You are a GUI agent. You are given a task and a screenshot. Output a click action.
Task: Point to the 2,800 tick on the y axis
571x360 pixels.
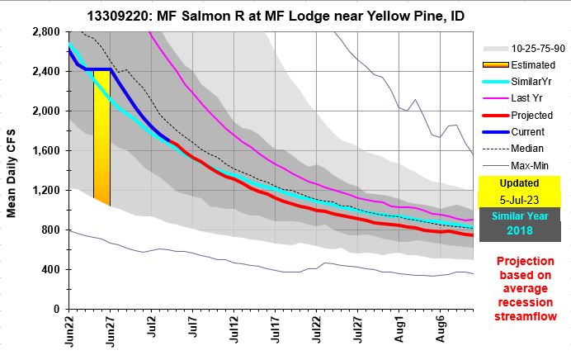coord(47,31)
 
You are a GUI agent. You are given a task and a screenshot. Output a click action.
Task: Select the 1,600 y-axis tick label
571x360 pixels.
coord(47,150)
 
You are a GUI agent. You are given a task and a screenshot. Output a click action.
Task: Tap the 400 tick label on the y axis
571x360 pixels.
coord(52,269)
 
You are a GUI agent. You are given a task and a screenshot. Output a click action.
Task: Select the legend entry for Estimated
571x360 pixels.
coord(527,64)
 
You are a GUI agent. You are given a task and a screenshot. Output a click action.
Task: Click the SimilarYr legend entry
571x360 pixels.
coord(526,80)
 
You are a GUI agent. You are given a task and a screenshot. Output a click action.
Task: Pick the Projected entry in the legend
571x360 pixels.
coord(526,114)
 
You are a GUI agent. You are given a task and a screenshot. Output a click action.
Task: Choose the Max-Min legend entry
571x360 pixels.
coord(526,166)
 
